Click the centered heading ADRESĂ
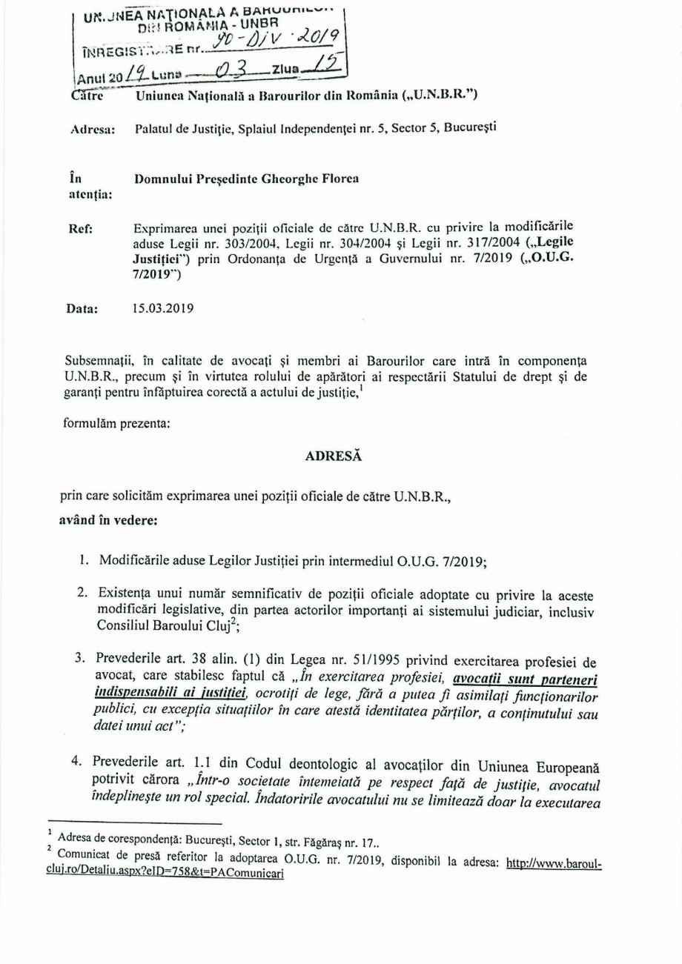pyautogui.click(x=333, y=457)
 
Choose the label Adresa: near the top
pyautogui.click(x=92, y=130)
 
